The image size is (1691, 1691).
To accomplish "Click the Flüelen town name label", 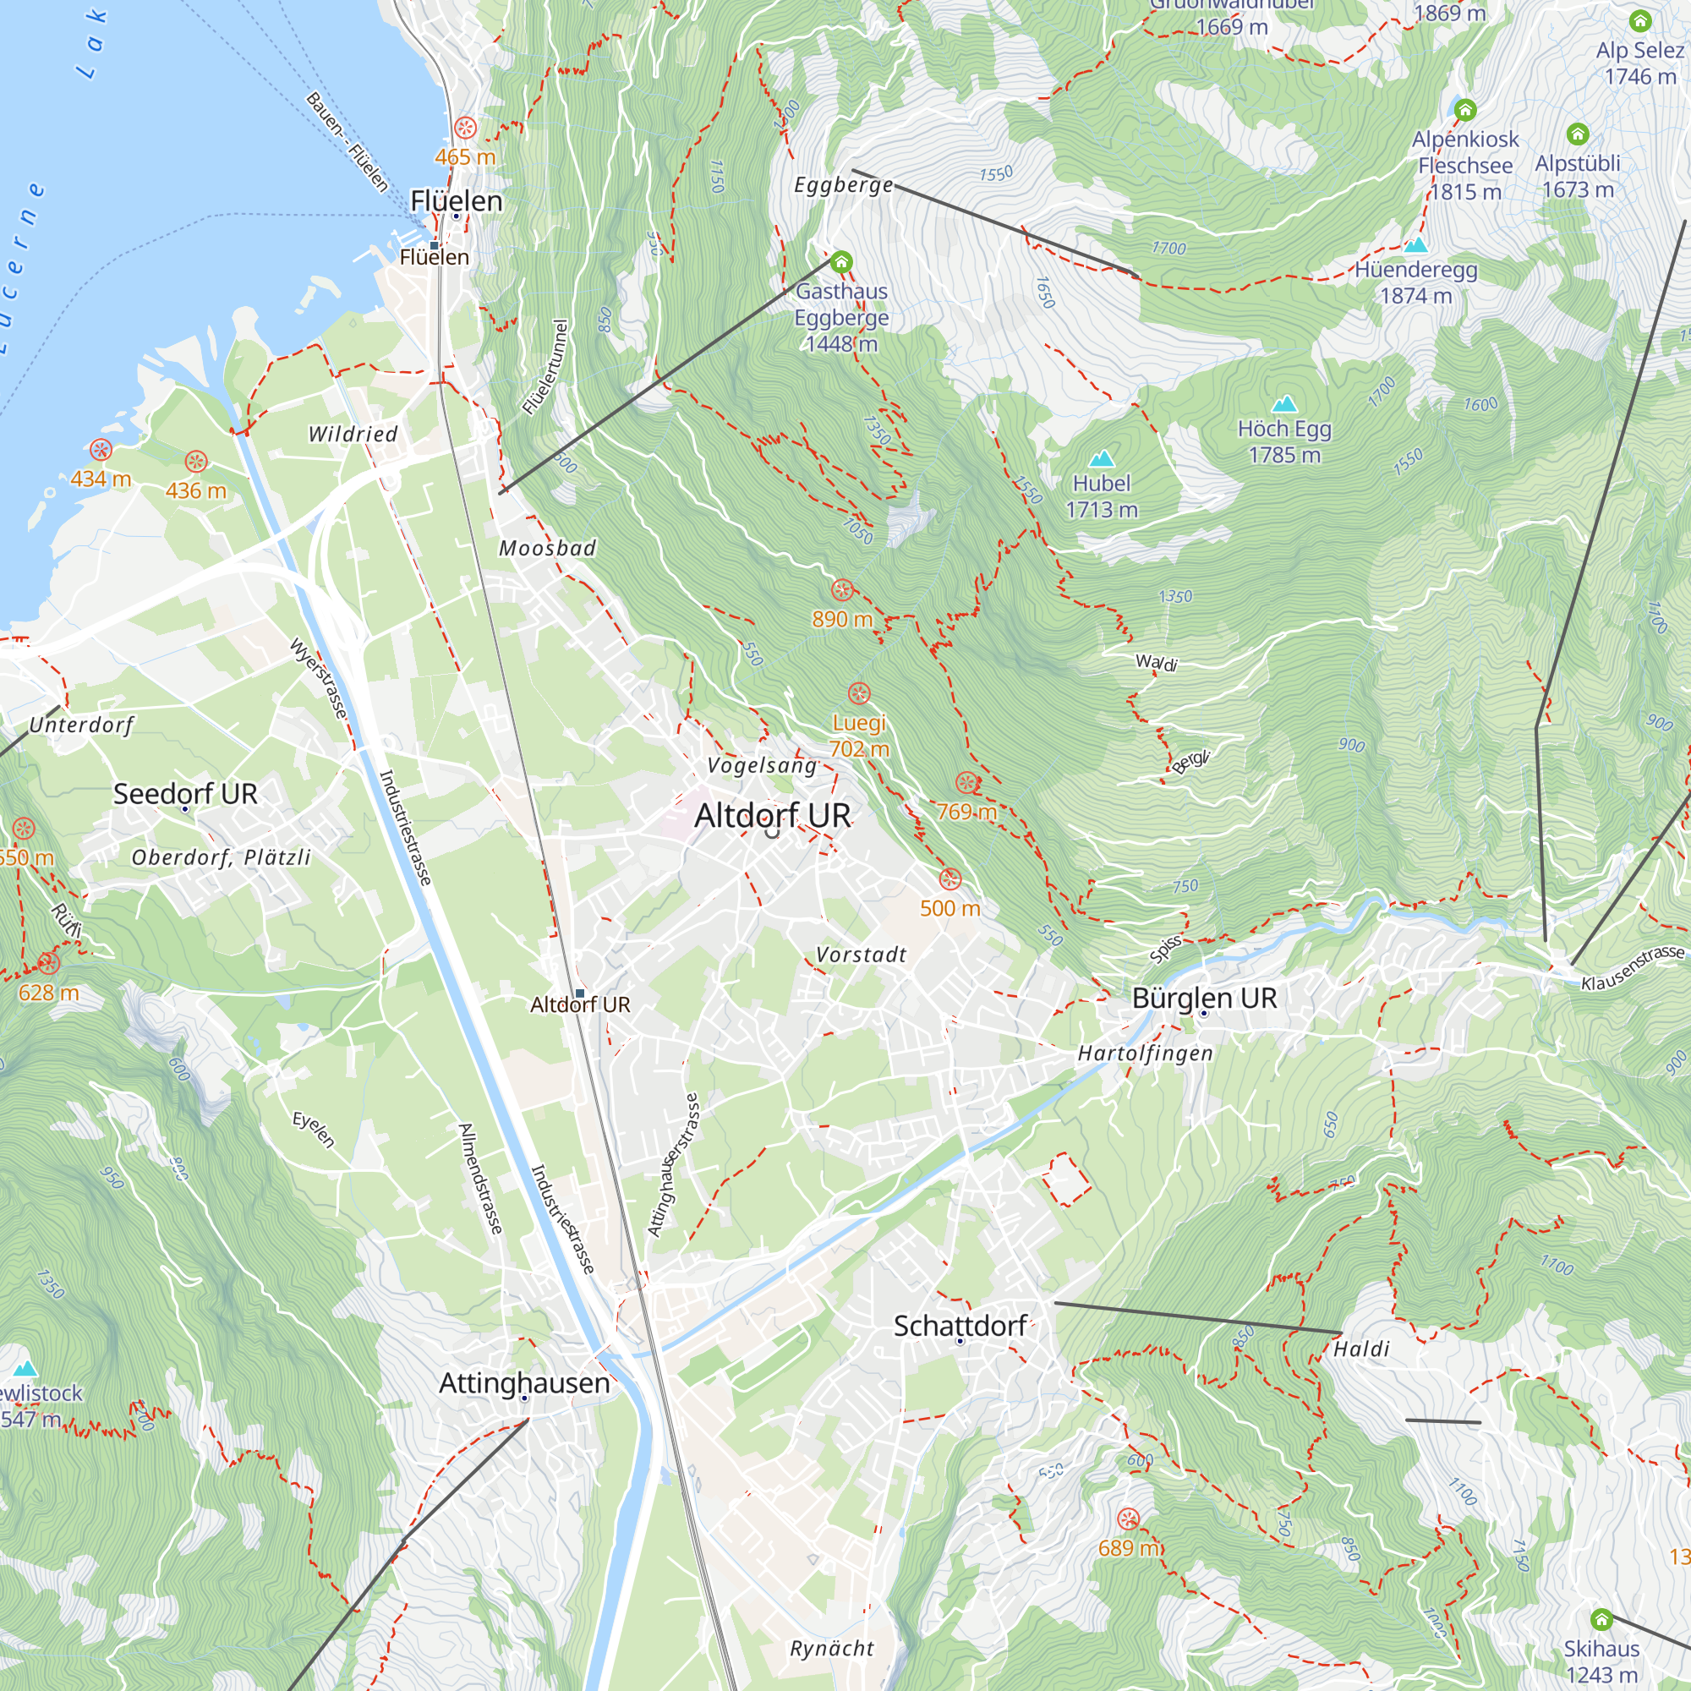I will click(x=456, y=200).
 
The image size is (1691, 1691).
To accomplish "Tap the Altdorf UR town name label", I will click(x=772, y=815).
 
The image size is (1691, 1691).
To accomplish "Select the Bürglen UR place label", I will click(x=1203, y=997).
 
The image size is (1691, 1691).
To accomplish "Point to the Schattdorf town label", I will click(x=960, y=1325).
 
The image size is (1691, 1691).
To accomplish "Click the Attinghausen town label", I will click(x=523, y=1382).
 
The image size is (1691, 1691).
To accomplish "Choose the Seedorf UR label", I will click(x=184, y=793).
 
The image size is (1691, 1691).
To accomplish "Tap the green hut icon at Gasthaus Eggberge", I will click(x=841, y=262).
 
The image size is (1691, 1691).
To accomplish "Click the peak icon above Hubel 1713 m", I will click(x=1101, y=458).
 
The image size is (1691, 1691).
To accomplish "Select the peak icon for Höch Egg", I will click(x=1284, y=403).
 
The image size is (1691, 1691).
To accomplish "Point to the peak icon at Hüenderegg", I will click(x=1415, y=245).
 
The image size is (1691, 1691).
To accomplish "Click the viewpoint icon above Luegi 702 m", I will click(x=860, y=693).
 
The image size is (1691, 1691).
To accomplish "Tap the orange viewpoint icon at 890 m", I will click(x=842, y=590).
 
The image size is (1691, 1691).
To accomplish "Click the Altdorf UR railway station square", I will click(x=579, y=993).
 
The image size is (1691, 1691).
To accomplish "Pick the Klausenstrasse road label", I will click(x=1632, y=969).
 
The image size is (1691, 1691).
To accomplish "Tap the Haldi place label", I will click(x=1361, y=1349).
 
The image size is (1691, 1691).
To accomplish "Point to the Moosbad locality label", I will click(x=547, y=548).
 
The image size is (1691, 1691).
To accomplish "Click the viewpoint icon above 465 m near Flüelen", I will click(x=466, y=128).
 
